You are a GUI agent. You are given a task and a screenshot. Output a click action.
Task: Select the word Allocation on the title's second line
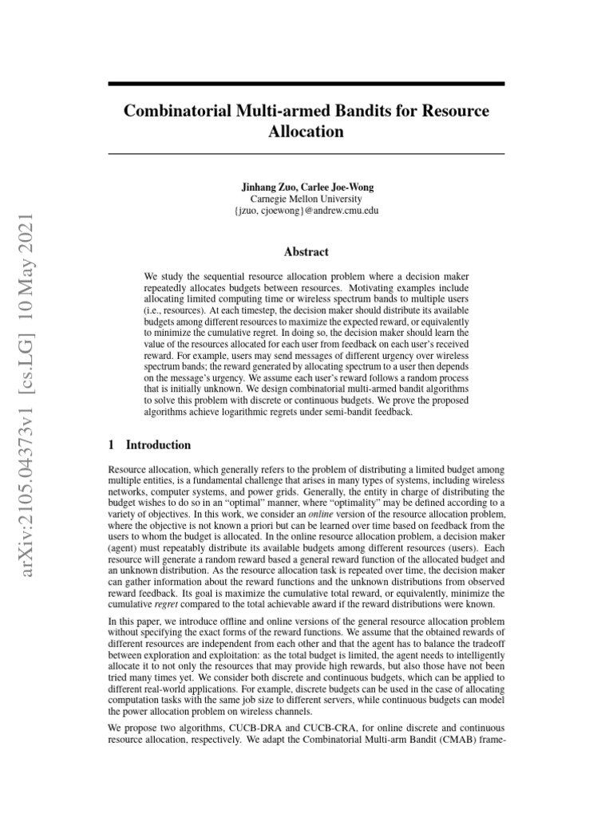point(306,131)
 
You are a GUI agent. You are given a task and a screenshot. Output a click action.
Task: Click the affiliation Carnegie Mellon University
point(306,199)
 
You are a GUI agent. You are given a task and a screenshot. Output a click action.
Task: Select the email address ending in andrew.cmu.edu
point(306,211)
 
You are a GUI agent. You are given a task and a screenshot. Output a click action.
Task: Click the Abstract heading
point(306,251)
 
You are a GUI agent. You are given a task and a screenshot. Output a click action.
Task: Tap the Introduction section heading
point(159,445)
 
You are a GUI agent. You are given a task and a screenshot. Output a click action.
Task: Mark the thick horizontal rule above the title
point(306,84)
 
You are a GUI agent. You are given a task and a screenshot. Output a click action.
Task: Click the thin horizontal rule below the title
point(306,153)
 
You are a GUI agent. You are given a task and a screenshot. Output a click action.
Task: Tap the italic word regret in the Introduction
point(164,604)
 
